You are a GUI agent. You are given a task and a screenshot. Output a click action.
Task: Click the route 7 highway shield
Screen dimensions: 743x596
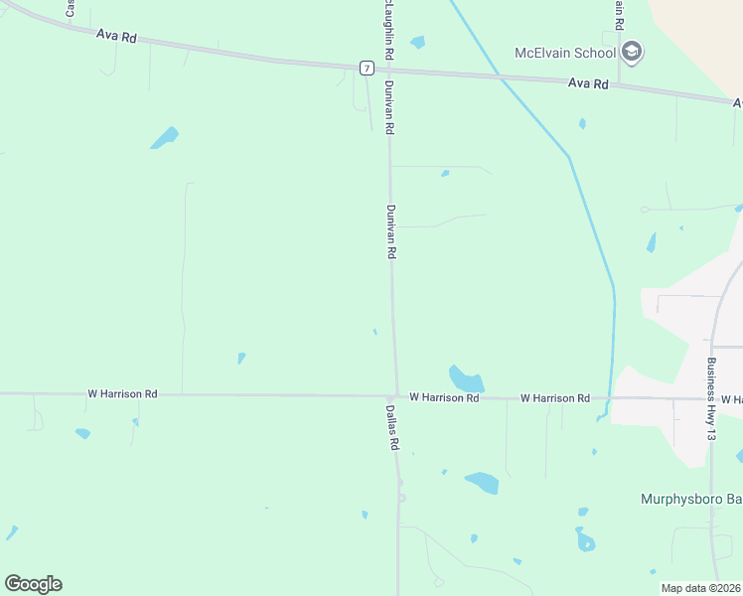click(368, 68)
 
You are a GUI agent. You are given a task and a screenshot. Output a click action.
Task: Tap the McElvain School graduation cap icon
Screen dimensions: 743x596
click(632, 52)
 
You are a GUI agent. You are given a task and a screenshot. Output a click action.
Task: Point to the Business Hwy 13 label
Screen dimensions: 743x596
click(711, 399)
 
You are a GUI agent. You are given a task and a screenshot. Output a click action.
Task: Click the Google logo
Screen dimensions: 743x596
click(33, 584)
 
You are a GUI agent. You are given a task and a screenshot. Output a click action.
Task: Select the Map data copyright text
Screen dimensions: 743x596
click(701, 588)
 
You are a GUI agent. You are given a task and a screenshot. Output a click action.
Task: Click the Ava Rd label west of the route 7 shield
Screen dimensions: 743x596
click(116, 36)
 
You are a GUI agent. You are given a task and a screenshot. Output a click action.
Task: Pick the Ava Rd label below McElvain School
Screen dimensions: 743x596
click(588, 84)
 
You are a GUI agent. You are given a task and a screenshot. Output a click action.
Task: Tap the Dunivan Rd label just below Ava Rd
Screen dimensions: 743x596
click(390, 108)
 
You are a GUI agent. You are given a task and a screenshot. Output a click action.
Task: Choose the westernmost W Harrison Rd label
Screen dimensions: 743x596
click(122, 394)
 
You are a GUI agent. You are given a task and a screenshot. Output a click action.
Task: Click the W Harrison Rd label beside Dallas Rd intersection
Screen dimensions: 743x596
click(444, 397)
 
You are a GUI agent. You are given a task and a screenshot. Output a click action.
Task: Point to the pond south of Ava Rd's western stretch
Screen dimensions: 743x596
click(165, 137)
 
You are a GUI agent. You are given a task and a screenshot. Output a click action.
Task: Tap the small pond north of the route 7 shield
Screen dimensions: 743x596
click(418, 43)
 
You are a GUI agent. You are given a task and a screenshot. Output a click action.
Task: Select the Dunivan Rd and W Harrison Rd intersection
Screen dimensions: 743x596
click(396, 395)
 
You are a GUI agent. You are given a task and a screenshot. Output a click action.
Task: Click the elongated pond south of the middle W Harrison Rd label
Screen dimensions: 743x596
click(483, 483)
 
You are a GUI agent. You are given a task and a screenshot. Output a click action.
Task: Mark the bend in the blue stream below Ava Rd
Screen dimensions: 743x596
click(569, 157)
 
